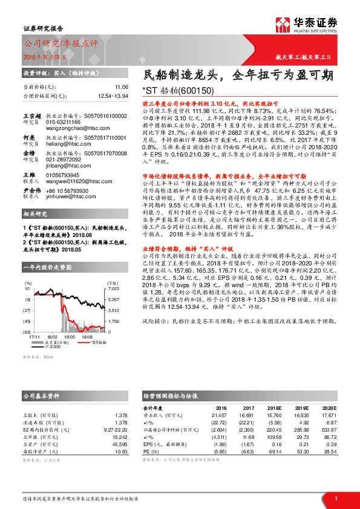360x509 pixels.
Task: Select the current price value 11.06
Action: (122, 87)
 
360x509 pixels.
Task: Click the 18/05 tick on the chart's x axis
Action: (69, 337)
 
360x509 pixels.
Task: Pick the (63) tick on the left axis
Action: (27, 332)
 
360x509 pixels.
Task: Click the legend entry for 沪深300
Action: (55, 347)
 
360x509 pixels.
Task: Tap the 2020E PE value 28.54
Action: (327, 452)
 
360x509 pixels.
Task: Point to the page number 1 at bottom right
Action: (336, 498)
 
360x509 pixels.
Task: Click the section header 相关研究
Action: (35, 214)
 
